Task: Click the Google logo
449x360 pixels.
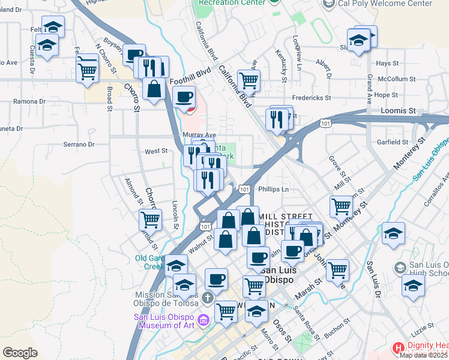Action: coord(20,353)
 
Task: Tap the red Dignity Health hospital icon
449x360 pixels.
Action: coord(398,348)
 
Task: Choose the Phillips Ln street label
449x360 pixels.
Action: coord(274,190)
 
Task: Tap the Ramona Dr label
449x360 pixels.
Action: coord(26,101)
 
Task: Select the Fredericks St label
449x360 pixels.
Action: coord(312,98)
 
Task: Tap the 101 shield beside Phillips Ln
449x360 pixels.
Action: coord(244,189)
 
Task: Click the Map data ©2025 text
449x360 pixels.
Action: coord(424,355)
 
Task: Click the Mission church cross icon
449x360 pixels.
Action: coord(207,297)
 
